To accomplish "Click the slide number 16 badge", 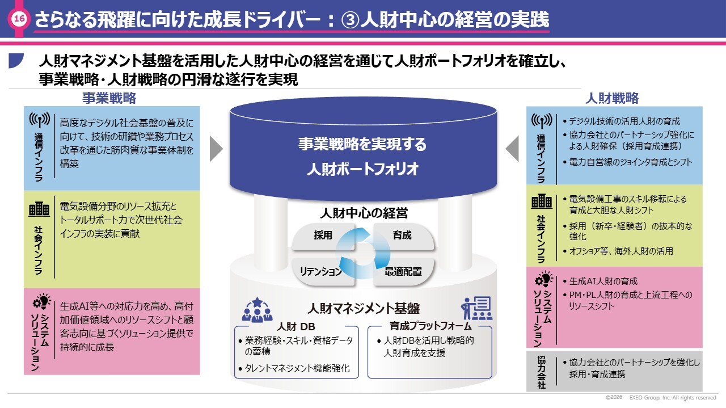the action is click(x=19, y=19).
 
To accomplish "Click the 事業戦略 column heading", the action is click(x=109, y=98).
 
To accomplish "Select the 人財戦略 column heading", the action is click(x=611, y=98).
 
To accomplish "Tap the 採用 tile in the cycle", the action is click(x=323, y=235).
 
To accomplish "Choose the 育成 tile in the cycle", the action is click(x=402, y=235).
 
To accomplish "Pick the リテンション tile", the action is click(x=321, y=271).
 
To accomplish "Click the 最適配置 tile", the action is click(x=403, y=271).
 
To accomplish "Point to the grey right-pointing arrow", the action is click(x=216, y=149).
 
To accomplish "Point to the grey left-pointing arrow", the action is click(x=512, y=149).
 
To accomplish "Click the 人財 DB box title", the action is click(x=296, y=327).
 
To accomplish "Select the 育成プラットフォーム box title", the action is click(x=430, y=326).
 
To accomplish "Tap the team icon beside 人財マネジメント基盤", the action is click(x=257, y=310).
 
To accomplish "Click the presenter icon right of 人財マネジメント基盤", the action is click(x=476, y=308).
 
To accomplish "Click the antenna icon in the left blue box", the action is click(x=40, y=120).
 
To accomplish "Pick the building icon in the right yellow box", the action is click(x=541, y=201).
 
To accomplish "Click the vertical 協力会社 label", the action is click(x=541, y=372).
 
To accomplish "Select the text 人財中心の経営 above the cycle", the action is click(x=364, y=213).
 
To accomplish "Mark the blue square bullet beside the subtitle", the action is click(x=15, y=60).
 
